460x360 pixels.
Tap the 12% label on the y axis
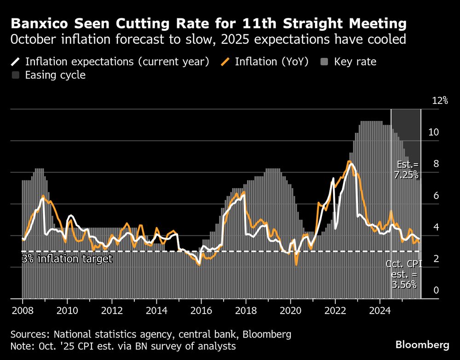click(x=440, y=101)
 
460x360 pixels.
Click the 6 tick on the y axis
click(x=435, y=196)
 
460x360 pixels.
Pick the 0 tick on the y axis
click(x=435, y=291)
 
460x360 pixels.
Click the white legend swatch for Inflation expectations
click(x=17, y=62)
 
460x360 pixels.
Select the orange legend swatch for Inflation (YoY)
click(x=226, y=62)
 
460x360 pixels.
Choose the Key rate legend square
click(x=325, y=62)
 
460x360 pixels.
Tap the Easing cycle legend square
click(x=17, y=75)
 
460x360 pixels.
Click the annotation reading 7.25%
click(x=406, y=175)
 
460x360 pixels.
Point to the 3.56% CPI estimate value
click(x=404, y=285)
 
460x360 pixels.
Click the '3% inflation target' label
click(x=67, y=259)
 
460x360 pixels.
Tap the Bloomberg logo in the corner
click(x=422, y=344)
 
